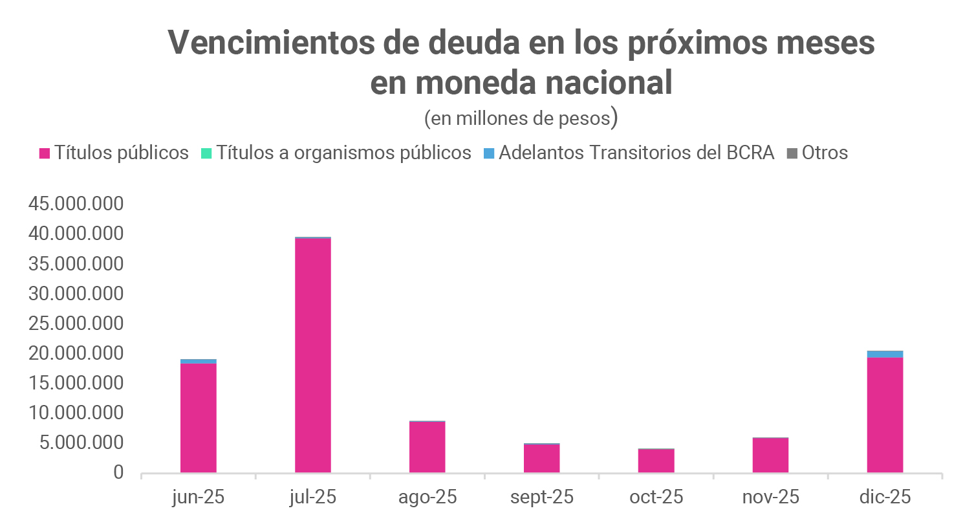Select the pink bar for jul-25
[x=313, y=355]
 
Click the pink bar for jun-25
[x=199, y=417]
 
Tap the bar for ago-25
[x=427, y=446]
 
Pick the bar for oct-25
[x=656, y=460]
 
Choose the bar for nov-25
[x=770, y=455]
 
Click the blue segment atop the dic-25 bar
[x=885, y=354]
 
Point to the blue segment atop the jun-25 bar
[x=199, y=361]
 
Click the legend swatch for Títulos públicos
[x=45, y=153]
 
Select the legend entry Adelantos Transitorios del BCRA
[x=636, y=153]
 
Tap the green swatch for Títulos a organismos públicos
[x=206, y=153]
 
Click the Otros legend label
[x=825, y=153]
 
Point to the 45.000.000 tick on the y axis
[x=76, y=204]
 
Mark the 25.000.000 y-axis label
[x=76, y=323]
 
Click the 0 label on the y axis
[x=118, y=472]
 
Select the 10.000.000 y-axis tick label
[x=76, y=413]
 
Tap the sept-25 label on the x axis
[x=542, y=497]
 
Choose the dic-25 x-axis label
[x=885, y=497]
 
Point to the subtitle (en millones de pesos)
[x=521, y=118]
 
